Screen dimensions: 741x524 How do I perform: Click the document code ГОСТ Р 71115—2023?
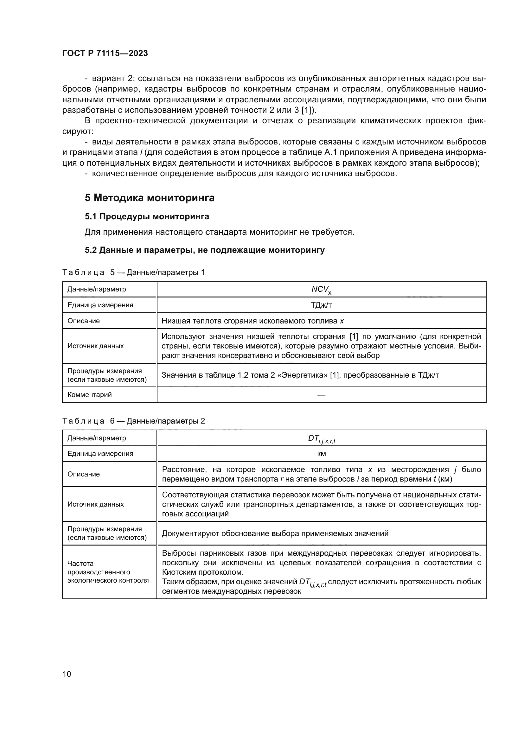click(x=105, y=54)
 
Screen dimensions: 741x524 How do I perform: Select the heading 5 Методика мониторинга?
click(x=150, y=198)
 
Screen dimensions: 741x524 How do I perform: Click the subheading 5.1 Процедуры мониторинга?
click(x=147, y=217)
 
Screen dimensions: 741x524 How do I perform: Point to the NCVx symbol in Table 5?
click(x=321, y=290)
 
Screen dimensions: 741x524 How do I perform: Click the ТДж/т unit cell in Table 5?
click(x=321, y=305)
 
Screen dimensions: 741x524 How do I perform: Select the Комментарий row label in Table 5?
click(x=89, y=394)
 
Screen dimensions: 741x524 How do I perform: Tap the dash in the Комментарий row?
click(x=321, y=395)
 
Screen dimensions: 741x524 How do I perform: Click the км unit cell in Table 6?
click(x=321, y=454)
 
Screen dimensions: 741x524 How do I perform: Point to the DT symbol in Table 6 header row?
click(x=321, y=438)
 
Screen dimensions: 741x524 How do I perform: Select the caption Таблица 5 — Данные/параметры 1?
click(x=133, y=272)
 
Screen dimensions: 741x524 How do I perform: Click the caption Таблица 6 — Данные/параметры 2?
click(x=133, y=421)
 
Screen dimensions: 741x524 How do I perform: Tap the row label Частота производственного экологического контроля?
click(x=108, y=572)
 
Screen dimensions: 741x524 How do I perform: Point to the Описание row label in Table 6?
click(x=84, y=474)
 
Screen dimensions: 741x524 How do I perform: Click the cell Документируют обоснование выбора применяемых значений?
click(x=275, y=533)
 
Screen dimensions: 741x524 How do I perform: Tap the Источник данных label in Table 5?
click(x=95, y=346)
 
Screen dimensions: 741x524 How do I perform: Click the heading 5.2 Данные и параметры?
click(x=204, y=250)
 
